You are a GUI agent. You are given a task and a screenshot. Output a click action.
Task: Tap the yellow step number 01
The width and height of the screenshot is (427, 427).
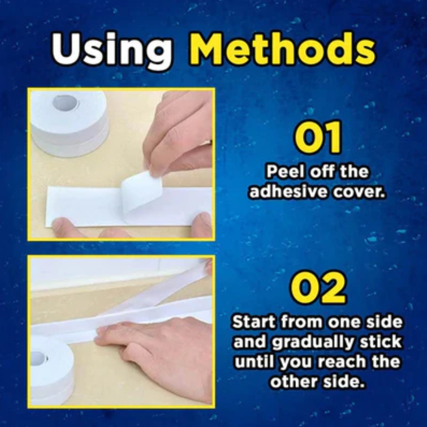pos(318,138)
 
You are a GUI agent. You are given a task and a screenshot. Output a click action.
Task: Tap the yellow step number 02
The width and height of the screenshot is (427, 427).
pos(318,287)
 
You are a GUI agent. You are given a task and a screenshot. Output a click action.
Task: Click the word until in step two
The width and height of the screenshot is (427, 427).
pos(254,362)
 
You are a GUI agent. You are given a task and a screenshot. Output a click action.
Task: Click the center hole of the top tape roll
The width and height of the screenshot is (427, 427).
pos(65,103)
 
